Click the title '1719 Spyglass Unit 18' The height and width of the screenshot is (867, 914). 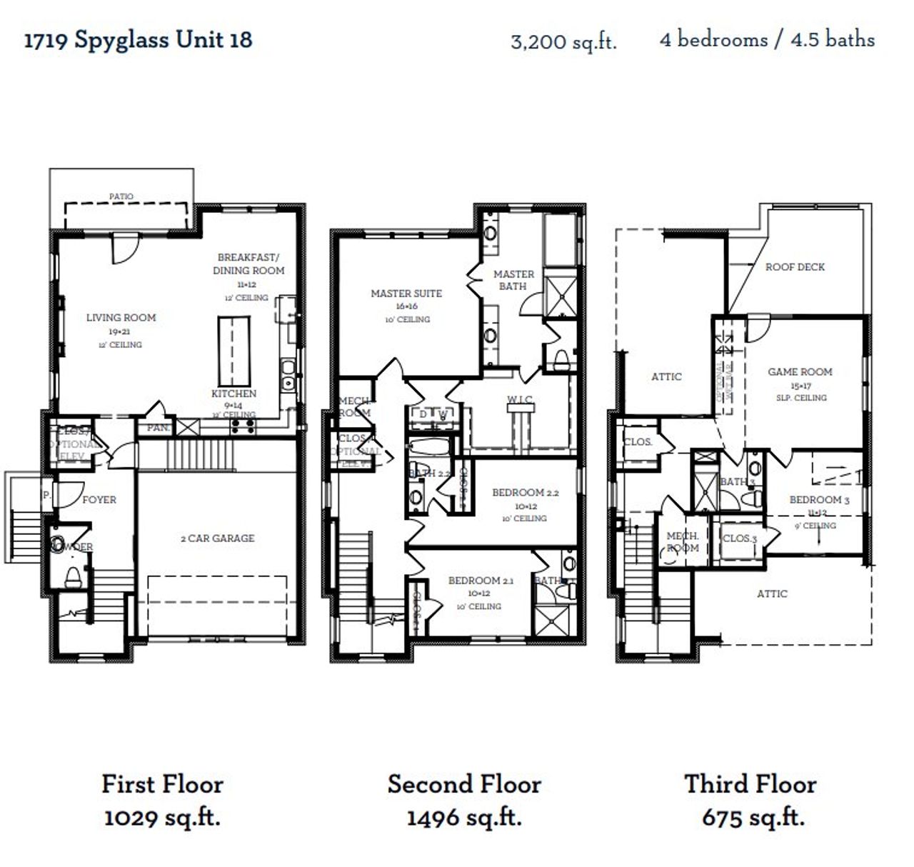click(x=138, y=40)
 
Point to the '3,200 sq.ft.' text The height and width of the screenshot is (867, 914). click(x=563, y=41)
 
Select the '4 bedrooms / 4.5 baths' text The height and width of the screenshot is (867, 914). click(x=767, y=39)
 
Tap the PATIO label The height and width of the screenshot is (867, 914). click(x=121, y=196)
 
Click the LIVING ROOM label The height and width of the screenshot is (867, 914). click(x=121, y=318)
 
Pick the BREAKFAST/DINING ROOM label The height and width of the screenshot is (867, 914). click(x=248, y=264)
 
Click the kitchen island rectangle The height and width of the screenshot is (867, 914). click(x=234, y=351)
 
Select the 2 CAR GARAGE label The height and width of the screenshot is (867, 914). click(x=217, y=538)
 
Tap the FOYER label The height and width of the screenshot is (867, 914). click(x=99, y=500)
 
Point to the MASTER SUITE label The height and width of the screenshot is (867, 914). click(x=406, y=294)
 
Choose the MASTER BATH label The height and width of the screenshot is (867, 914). click(x=513, y=280)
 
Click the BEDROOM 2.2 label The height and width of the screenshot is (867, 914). click(x=525, y=493)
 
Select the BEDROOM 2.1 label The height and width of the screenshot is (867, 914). click(x=481, y=581)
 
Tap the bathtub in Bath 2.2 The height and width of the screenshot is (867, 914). click(x=430, y=449)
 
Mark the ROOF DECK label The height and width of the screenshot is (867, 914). click(x=795, y=267)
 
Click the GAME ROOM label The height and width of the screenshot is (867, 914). click(x=800, y=372)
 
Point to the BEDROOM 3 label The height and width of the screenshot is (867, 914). click(x=819, y=500)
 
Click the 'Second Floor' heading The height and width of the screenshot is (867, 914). click(x=464, y=784)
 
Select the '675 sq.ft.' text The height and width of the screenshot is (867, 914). click(x=753, y=817)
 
